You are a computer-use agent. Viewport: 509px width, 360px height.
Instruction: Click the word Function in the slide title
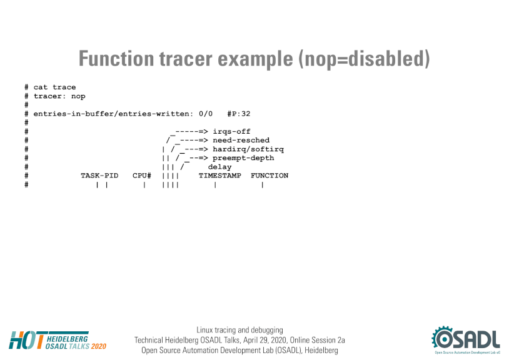pos(116,59)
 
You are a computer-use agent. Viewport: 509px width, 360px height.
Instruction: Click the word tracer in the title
pos(186,59)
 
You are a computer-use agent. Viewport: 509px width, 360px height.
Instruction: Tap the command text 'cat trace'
pos(54,87)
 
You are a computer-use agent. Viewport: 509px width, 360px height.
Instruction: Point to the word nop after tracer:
pos(78,96)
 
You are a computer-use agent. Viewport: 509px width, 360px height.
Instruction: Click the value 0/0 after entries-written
pos(206,114)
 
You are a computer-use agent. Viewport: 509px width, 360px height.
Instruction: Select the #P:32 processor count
pos(239,114)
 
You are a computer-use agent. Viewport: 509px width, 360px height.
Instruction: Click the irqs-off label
pos(231,131)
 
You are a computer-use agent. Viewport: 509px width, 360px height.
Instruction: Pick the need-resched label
pos(241,140)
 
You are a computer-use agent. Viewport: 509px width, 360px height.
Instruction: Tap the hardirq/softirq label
pos(248,149)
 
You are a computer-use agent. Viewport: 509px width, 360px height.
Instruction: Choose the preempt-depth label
pos(243,158)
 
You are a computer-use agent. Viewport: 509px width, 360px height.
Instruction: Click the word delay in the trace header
pos(219,167)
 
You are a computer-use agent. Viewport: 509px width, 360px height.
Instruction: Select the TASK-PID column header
pos(99,176)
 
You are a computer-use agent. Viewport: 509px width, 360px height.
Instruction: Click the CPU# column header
pos(142,176)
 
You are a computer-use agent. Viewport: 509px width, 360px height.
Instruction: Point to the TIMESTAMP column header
pos(219,176)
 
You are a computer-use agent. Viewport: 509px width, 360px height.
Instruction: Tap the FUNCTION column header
pos(270,176)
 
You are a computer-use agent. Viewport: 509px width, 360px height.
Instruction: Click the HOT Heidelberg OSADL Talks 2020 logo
pos(58,340)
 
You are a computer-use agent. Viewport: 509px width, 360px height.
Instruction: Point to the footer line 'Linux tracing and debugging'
pos(239,330)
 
